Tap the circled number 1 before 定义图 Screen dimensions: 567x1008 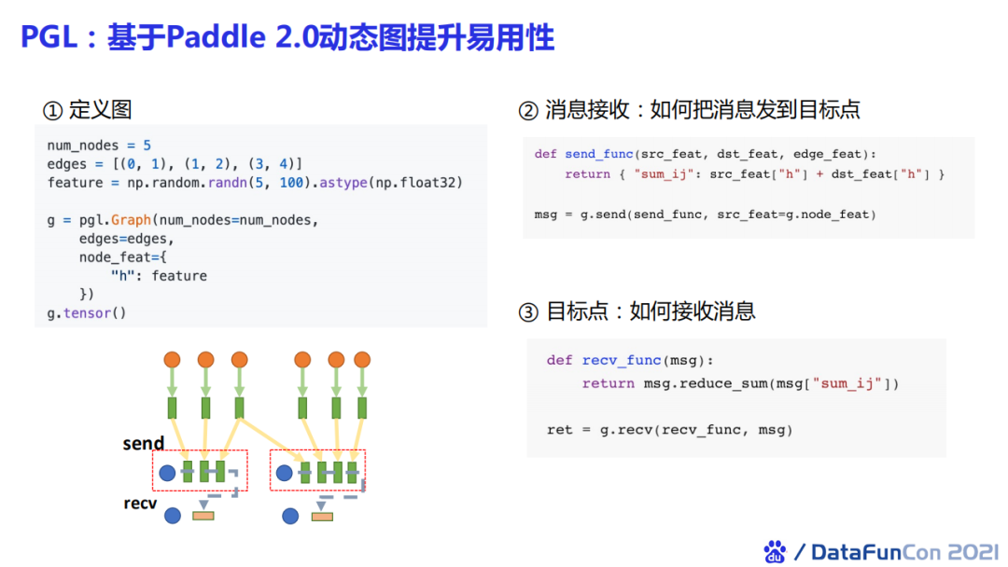click(x=52, y=110)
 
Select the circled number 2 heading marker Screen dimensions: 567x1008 click(x=528, y=111)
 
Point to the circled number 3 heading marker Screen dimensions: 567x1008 click(x=528, y=311)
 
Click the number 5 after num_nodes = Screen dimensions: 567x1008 click(x=147, y=145)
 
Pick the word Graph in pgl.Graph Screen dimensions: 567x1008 click(x=130, y=220)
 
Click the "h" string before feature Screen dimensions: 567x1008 click(x=122, y=276)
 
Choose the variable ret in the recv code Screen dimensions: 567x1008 click(x=559, y=430)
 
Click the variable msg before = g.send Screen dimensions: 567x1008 click(x=546, y=214)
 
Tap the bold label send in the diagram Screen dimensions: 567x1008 click(x=143, y=444)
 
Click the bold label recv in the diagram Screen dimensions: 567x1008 click(x=140, y=504)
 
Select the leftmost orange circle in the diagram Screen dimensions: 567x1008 click(x=172, y=359)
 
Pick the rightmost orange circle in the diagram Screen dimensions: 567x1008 click(x=362, y=359)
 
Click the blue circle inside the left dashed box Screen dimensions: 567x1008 click(x=167, y=473)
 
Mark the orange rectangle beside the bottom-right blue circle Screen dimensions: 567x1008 click(x=323, y=516)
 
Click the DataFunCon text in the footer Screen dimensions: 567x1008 click(x=863, y=551)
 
